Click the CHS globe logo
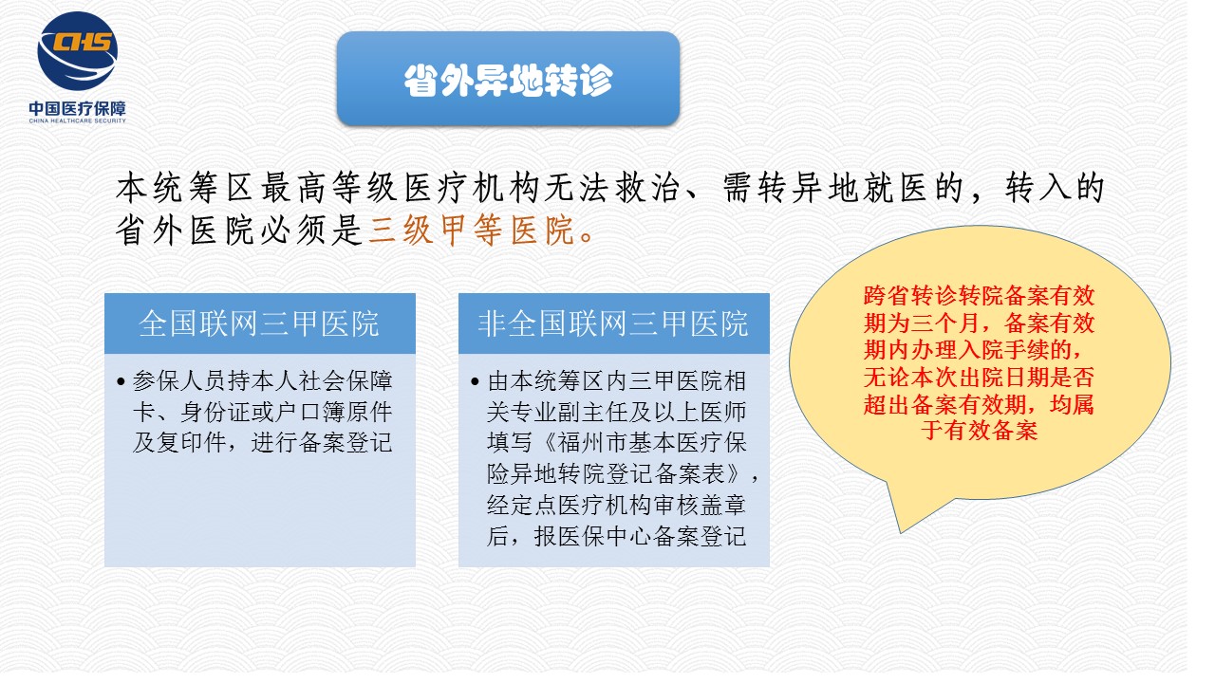coord(77,51)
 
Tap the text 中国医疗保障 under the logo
coord(77,108)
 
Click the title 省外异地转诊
coord(508,81)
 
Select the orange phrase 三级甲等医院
coord(472,231)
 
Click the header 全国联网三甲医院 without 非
coord(259,323)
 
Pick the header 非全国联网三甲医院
coord(613,323)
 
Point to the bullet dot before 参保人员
coord(121,381)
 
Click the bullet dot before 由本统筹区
coord(476,381)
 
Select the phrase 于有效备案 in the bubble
coord(979,431)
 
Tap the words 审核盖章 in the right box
coord(700,506)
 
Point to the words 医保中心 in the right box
coord(606,537)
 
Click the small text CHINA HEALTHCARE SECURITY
coord(77,120)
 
